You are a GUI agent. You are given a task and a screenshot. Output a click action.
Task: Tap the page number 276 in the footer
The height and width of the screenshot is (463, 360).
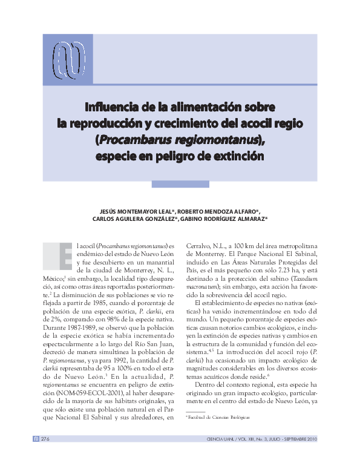[45, 439]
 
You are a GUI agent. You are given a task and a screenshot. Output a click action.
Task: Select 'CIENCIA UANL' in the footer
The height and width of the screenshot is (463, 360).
[224, 439]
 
